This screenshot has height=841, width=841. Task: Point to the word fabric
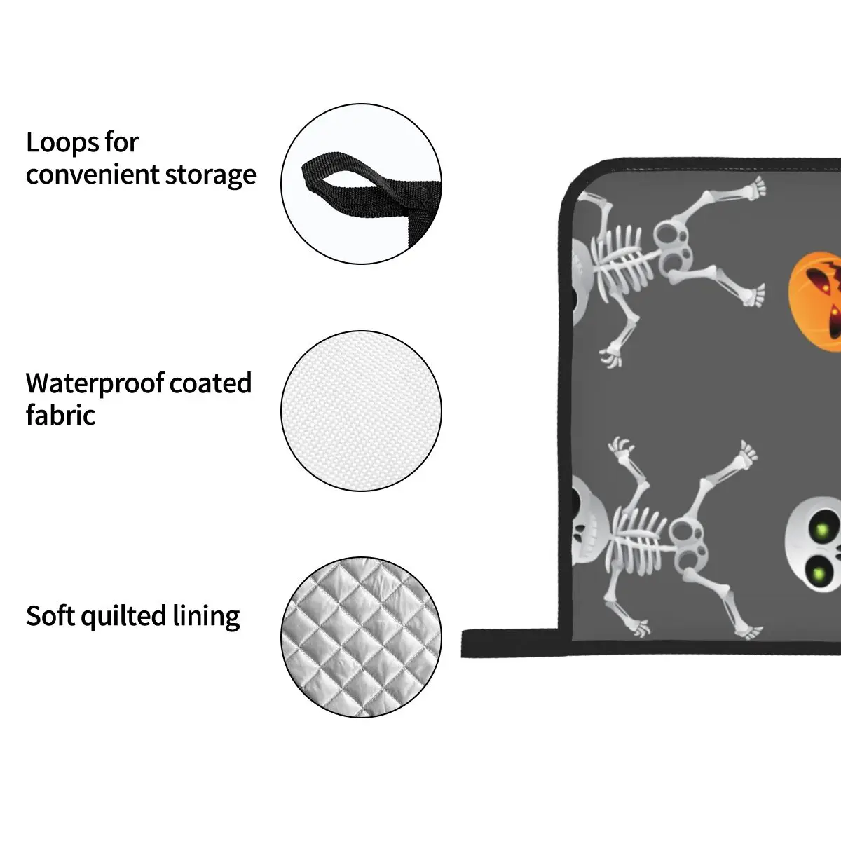point(60,415)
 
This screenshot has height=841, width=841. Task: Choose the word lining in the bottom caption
point(207,617)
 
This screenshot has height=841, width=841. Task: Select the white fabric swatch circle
point(361,411)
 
